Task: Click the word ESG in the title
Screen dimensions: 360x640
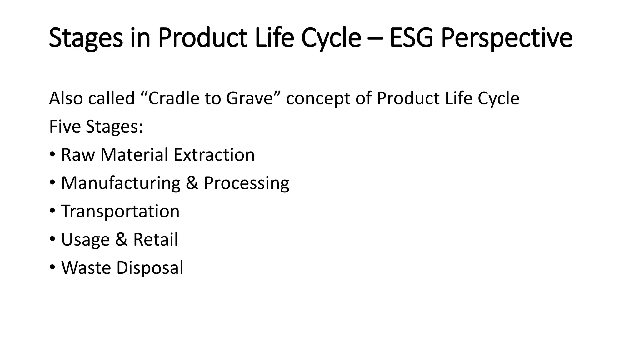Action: click(411, 38)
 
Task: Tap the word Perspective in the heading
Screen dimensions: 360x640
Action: click(507, 38)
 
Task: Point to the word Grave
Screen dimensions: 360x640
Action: click(250, 98)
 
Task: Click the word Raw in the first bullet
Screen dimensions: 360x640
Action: click(78, 155)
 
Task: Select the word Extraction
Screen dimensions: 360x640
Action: click(214, 155)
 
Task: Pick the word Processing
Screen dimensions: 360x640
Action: click(247, 183)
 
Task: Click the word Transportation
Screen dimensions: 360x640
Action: click(120, 211)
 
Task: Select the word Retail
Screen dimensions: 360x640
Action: click(155, 239)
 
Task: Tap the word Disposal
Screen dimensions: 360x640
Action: click(150, 268)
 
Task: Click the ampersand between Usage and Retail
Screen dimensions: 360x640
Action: click(121, 239)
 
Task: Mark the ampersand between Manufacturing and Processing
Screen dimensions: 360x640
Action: click(192, 183)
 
